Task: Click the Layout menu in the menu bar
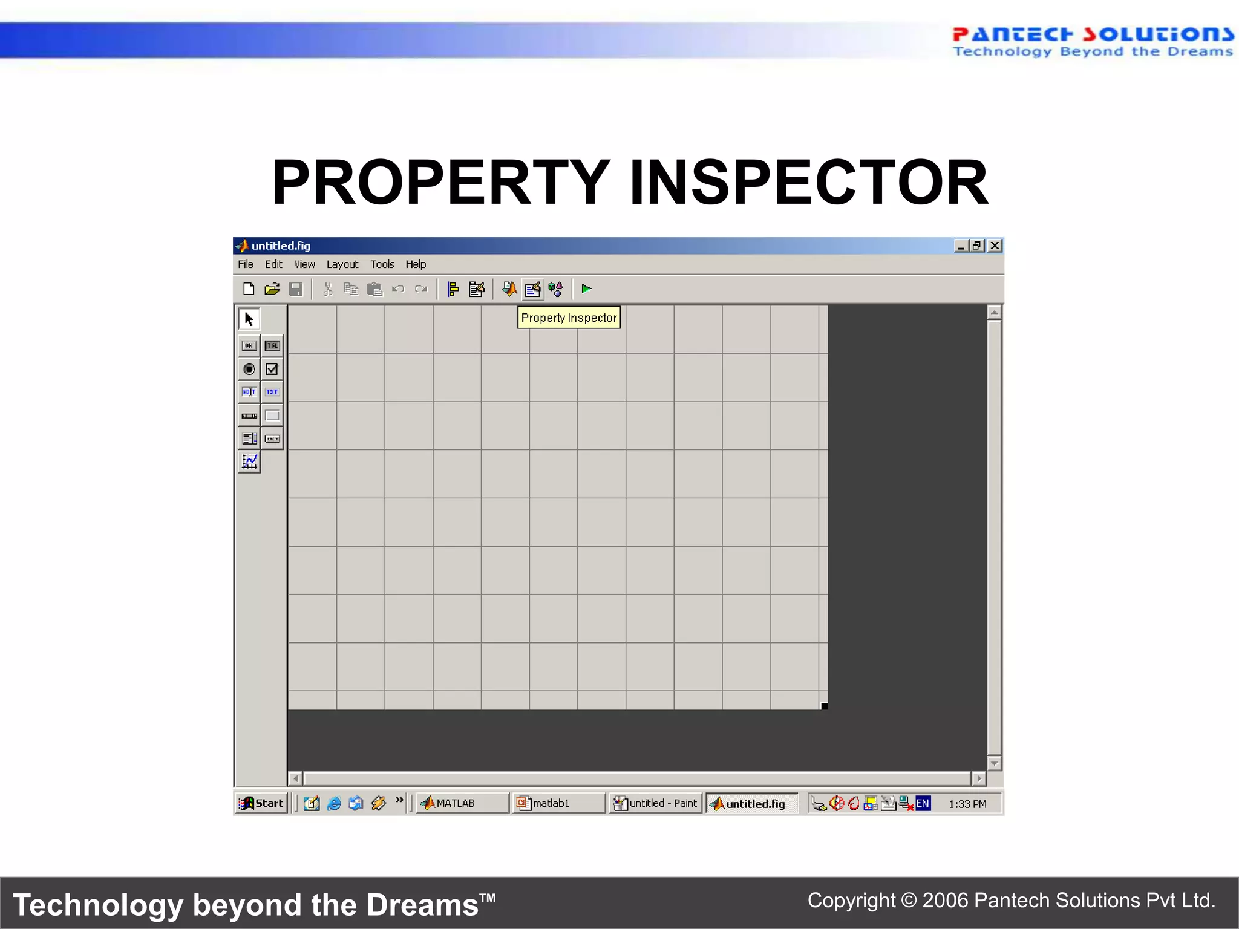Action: [342, 264]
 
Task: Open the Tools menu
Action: [382, 264]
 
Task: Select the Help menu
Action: [416, 264]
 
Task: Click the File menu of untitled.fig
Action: [246, 264]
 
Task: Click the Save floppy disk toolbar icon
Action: [296, 289]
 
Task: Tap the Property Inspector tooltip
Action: [569, 318]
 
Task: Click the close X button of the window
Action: [995, 246]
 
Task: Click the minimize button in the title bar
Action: [961, 246]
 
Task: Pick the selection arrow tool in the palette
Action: [249, 319]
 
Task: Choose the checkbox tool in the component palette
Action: [272, 369]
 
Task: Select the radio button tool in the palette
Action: [249, 369]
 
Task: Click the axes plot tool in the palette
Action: [249, 462]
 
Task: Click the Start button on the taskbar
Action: [261, 803]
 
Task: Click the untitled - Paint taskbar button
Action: [655, 803]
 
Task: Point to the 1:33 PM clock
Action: [967, 804]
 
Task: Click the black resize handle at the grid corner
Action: [824, 706]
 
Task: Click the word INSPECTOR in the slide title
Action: [808, 183]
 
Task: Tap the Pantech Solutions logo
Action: [1092, 42]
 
